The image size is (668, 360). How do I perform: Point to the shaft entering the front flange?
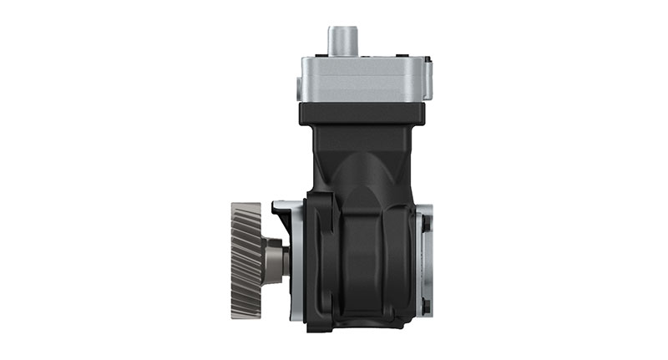pyautogui.click(x=285, y=259)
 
